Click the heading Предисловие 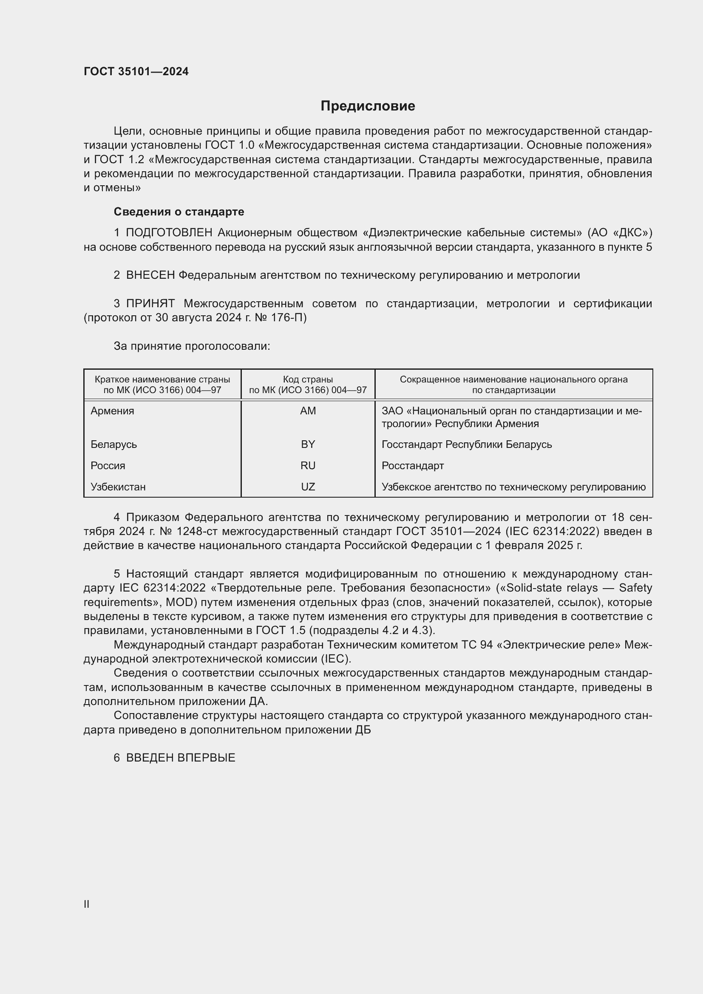(368, 106)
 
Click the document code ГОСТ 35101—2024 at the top (136, 71)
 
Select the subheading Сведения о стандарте (179, 212)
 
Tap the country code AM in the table (308, 411)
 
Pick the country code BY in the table (308, 445)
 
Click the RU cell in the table (308, 466)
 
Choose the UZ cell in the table (308, 487)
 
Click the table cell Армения (112, 411)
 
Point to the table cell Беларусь (113, 445)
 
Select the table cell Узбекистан (118, 487)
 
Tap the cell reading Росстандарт (413, 466)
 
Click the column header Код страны (308, 379)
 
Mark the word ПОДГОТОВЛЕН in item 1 (169, 233)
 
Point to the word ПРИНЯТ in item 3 (150, 304)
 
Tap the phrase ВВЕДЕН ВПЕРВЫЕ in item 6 (181, 758)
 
